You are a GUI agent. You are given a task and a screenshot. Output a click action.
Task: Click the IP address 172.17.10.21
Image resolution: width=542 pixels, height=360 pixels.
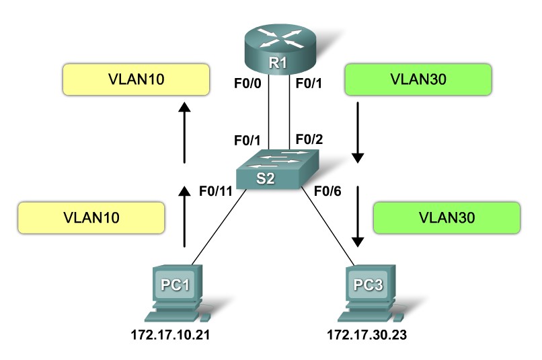pos(177,334)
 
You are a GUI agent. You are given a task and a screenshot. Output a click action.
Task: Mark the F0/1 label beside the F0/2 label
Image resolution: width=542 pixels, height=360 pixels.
pos(247,140)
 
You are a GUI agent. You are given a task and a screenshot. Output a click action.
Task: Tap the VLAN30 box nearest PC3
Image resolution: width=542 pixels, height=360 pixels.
pos(447,217)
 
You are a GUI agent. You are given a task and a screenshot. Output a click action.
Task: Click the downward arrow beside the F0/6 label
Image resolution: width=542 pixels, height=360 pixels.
pos(358,215)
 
